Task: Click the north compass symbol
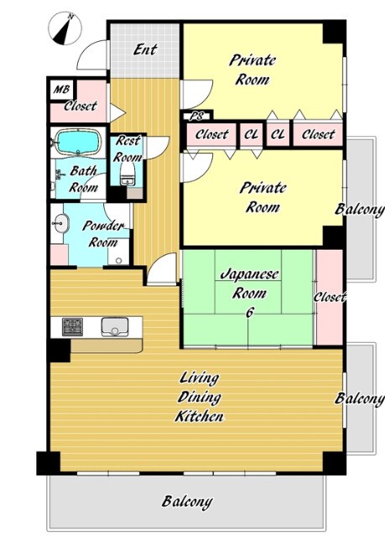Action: click(65, 29)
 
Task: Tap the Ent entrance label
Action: click(145, 49)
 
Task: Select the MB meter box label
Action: click(61, 90)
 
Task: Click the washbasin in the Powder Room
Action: click(61, 223)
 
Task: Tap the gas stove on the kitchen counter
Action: click(72, 327)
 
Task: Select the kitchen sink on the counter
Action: click(114, 327)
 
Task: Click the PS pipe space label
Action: click(196, 116)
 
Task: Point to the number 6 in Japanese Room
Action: click(249, 312)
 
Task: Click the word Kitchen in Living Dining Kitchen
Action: click(199, 417)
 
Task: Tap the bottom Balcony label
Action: click(187, 502)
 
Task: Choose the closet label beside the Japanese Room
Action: click(330, 297)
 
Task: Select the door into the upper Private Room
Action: click(197, 94)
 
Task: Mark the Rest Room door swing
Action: click(158, 148)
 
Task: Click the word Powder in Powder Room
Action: click(103, 226)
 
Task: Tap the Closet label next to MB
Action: click(81, 106)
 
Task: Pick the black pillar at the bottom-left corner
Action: click(49, 463)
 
